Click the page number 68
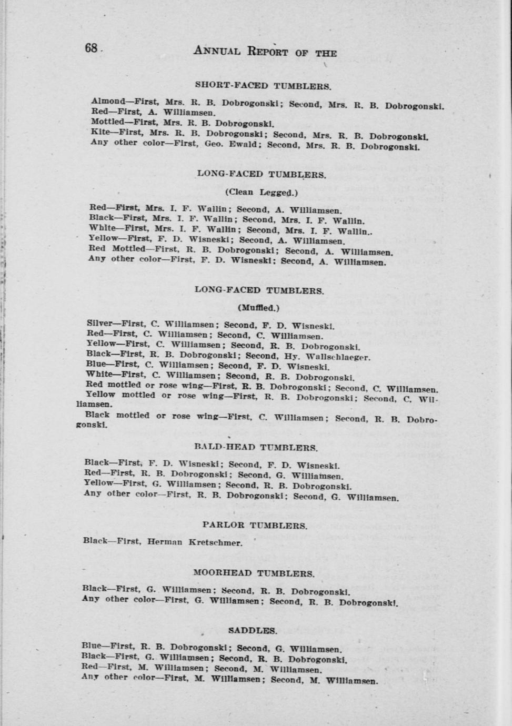pyautogui.click(x=91, y=48)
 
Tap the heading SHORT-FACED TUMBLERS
pyautogui.click(x=262, y=85)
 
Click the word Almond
pyautogui.click(x=108, y=100)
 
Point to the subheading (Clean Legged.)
pyautogui.click(x=262, y=192)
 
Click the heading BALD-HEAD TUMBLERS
pyautogui.click(x=256, y=448)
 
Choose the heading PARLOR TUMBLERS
pyautogui.click(x=255, y=525)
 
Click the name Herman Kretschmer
pyautogui.click(x=195, y=541)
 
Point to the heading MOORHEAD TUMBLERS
pyautogui.click(x=254, y=573)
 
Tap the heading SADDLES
pyautogui.click(x=253, y=630)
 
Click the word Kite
pyautogui.click(x=100, y=132)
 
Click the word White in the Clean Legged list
pyautogui.click(x=101, y=228)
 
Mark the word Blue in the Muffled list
pyautogui.click(x=95, y=364)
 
